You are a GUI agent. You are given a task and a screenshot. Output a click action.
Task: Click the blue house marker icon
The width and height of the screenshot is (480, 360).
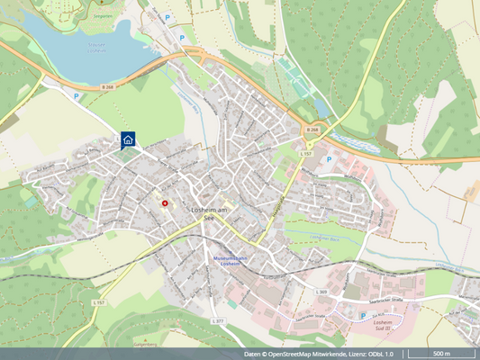click(x=128, y=139)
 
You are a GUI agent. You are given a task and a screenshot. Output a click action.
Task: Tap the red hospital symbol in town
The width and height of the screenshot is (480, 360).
click(x=165, y=203)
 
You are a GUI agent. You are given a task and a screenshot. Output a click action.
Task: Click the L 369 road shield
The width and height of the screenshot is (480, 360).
click(x=322, y=292)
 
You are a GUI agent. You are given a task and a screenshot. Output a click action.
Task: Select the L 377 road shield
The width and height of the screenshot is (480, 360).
click(x=217, y=321)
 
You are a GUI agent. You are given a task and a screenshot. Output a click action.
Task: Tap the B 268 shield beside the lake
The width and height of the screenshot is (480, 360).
click(x=108, y=86)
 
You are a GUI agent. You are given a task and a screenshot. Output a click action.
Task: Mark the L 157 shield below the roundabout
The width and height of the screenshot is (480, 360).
click(x=305, y=155)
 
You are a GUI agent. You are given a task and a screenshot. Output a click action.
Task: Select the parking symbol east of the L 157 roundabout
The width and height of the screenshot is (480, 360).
click(x=328, y=159)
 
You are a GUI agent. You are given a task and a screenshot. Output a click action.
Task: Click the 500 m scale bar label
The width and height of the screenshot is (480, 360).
click(x=441, y=354)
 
